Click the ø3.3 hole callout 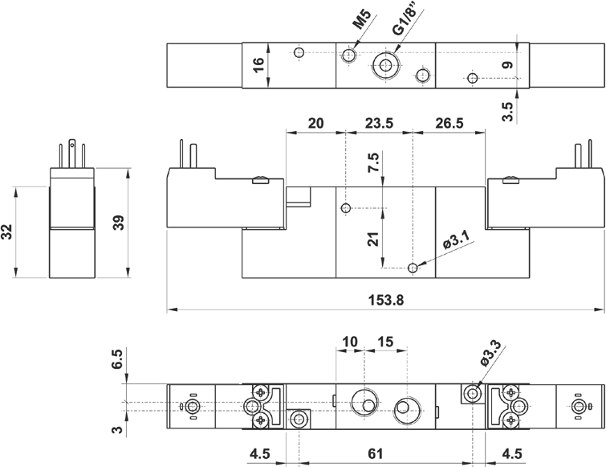click(491, 354)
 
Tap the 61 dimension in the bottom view click(386, 453)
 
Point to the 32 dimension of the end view click(7, 232)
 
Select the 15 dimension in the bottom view click(384, 342)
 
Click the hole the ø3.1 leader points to click(413, 268)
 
